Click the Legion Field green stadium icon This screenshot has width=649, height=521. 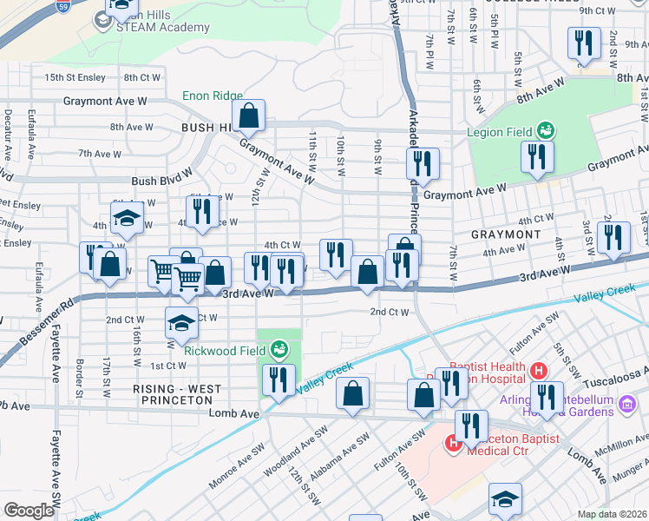[546, 130]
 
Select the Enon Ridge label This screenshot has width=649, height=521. [212, 96]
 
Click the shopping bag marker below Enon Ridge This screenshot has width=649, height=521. [248, 115]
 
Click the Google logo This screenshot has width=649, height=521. [28, 511]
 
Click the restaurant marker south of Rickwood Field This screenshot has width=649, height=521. [278, 380]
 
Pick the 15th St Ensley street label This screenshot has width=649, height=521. [75, 77]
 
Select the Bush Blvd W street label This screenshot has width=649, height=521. [161, 181]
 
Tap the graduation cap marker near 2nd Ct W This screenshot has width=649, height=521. [181, 323]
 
